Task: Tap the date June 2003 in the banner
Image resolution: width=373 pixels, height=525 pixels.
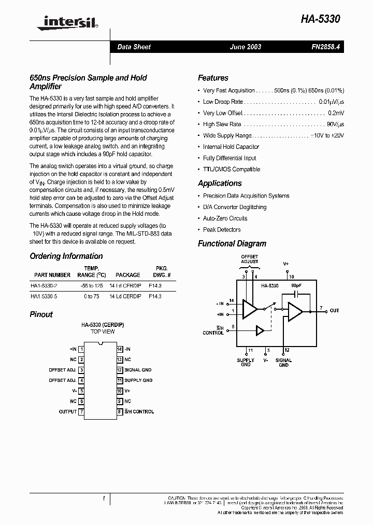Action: pos(246,47)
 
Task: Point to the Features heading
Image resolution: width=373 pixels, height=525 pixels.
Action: pos(213,78)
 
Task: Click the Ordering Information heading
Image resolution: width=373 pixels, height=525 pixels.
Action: pos(66,256)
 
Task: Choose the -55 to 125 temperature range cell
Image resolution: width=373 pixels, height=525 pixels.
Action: pos(91,286)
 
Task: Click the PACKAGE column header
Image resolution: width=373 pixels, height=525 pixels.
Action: pos(127,275)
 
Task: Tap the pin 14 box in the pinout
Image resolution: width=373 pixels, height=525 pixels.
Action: pos(119,349)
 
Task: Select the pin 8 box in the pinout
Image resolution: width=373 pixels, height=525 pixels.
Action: pos(119,411)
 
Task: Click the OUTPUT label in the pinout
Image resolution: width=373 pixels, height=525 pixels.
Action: pos(67,411)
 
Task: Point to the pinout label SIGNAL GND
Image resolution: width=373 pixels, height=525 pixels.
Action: pos(138,370)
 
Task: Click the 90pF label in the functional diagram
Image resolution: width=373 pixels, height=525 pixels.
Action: pos(296,285)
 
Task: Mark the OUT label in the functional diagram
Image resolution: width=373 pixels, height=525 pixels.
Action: pos(334,311)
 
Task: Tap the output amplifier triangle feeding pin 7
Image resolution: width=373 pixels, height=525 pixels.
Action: pos(295,311)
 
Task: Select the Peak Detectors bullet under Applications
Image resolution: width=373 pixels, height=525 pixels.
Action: pos(222,229)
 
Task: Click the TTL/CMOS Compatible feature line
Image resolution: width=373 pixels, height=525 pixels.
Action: pos(232,169)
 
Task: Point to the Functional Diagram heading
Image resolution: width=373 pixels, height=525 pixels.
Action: pos(232,244)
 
